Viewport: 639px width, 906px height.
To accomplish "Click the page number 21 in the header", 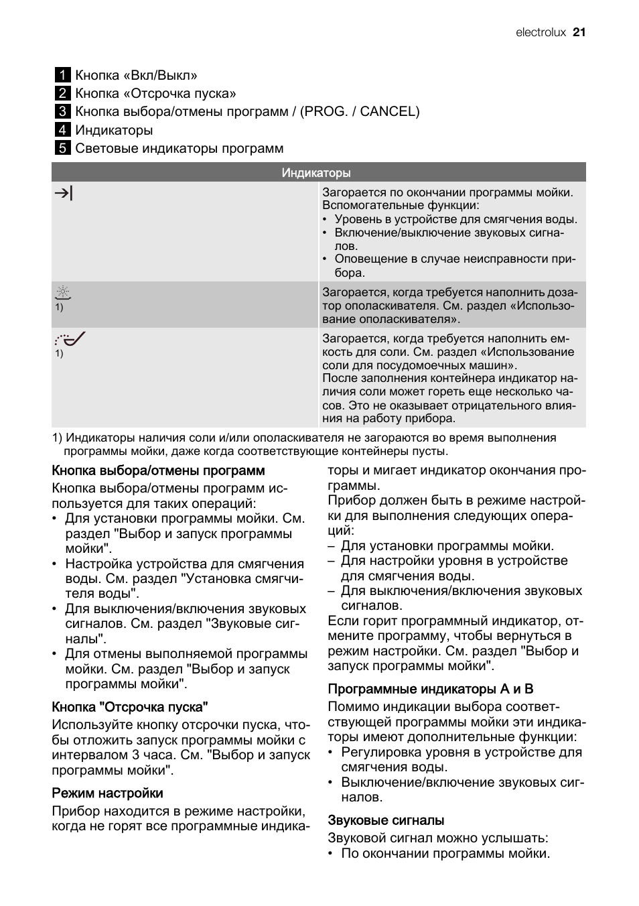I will coord(579,32).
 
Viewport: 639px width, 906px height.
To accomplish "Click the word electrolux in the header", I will coord(541,32).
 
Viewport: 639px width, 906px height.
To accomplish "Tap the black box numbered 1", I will coord(62,75).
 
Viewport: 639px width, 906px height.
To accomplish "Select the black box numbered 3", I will coord(62,112).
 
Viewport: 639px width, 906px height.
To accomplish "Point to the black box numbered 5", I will coord(62,148).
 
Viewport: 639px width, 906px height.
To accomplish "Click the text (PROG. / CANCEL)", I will coord(360,112).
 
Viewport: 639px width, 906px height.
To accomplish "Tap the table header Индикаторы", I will coord(316,173).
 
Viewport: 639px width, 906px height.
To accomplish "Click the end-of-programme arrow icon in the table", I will coord(64,194).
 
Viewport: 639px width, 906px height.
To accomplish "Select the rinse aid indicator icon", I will coord(63,292).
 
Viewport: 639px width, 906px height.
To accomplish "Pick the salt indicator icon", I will coord(70,339).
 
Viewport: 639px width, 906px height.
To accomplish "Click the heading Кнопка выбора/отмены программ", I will coord(158,470).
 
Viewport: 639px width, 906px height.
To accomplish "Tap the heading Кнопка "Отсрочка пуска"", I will coord(130,706).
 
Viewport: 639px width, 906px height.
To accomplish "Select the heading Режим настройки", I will coord(107,793).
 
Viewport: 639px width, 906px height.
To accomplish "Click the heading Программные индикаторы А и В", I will coord(431,689).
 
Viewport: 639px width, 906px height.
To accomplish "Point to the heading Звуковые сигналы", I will coord(386,820).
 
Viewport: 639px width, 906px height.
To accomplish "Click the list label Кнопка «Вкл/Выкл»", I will coord(136,75).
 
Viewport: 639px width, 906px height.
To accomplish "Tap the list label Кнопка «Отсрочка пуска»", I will coord(155,94).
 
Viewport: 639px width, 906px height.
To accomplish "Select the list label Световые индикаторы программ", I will coord(179,148).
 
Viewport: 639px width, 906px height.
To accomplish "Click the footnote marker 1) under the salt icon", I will coord(59,353).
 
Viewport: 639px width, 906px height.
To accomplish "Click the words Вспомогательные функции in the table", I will coord(401,206).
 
